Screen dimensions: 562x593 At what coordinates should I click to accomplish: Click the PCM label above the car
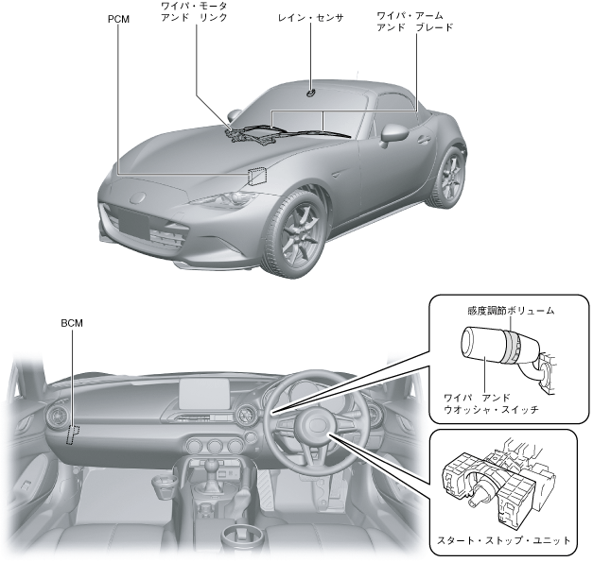click(119, 18)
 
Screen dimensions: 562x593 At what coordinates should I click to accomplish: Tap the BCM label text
click(72, 323)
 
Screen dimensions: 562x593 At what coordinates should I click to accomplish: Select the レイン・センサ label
click(311, 18)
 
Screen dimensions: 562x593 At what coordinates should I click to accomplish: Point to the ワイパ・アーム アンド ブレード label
click(413, 23)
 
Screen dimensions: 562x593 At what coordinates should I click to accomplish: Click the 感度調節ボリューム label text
click(510, 310)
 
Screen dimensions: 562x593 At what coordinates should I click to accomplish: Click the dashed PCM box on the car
click(257, 175)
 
